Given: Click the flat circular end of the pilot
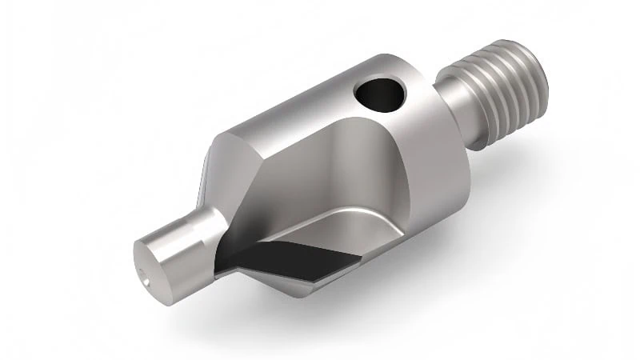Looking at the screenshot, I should click(x=147, y=260).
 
